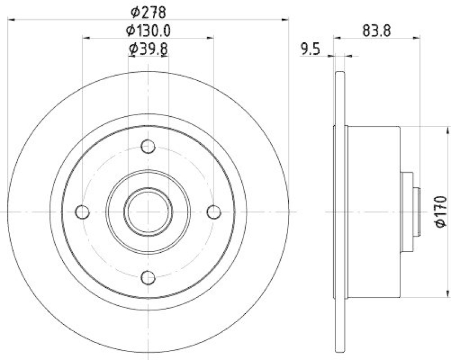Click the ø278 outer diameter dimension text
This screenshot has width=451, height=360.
tap(148, 11)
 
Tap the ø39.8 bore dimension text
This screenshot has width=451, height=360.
tap(148, 49)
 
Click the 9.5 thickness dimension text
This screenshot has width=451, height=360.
tap(310, 50)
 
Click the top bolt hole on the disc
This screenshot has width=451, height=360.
tap(148, 146)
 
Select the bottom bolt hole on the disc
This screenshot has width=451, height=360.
tap(148, 277)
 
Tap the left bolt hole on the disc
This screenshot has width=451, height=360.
tap(83, 212)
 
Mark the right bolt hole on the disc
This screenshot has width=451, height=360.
tap(214, 212)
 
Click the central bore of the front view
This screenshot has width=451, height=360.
tap(148, 212)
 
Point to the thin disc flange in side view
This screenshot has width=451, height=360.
tap(339, 212)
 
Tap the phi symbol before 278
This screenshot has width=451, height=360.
tap(134, 11)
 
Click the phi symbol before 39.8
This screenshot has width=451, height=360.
tap(133, 50)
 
